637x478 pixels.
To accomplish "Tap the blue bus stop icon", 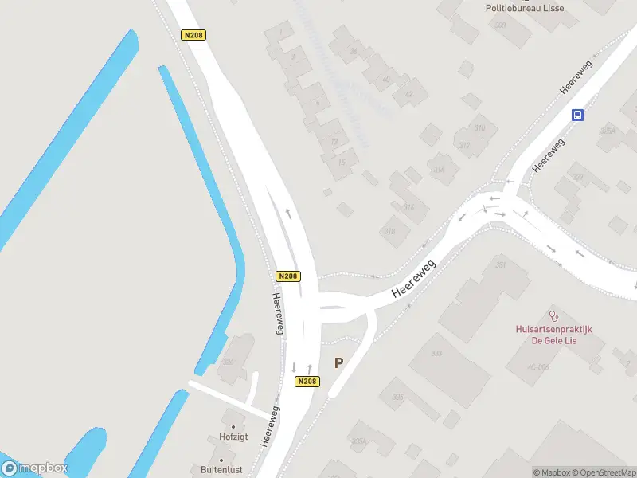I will [578, 115].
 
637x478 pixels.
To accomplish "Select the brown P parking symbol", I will [338, 362].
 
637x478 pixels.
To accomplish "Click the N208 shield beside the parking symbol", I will [307, 382].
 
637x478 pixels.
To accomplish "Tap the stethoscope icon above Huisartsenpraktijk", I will [554, 316].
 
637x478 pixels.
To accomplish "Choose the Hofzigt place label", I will [233, 437].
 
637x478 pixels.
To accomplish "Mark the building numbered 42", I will [409, 94].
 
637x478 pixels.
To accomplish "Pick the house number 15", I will [342, 163].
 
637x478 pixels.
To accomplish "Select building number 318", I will [389, 232].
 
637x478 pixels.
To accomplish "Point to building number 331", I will [501, 264].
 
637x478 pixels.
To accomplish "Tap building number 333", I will [436, 353].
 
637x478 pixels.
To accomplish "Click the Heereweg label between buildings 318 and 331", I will [414, 280].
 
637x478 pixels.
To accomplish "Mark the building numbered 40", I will [387, 80].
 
